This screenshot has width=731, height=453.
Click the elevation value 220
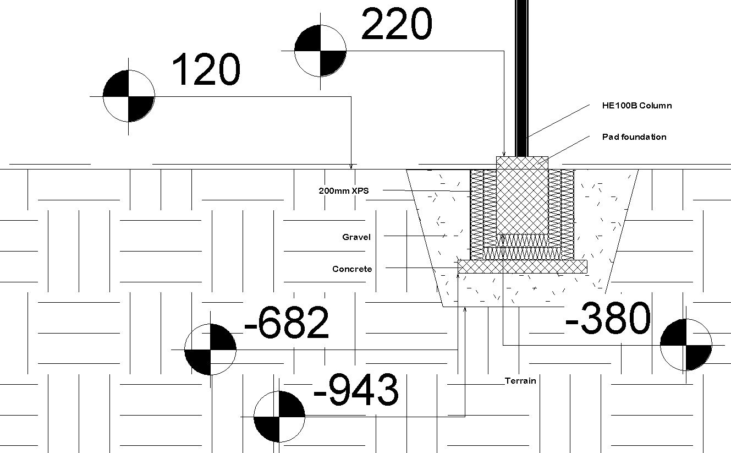coord(397,25)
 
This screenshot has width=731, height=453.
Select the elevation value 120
coord(206,70)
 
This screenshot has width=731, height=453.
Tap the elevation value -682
coord(286,323)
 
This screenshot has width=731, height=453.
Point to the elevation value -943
coord(356,390)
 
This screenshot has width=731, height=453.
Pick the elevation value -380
coord(608,319)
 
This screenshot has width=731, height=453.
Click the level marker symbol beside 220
coord(320,51)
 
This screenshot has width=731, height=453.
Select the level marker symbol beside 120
coord(129,96)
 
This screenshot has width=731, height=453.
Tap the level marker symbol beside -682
coord(210,350)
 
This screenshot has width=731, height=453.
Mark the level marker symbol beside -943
coord(279,417)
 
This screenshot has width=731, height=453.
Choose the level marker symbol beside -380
coord(686,345)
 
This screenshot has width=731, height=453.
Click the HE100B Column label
coord(637,106)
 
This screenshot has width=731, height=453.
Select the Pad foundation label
coord(634,137)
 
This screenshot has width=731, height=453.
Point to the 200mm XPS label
coord(344,191)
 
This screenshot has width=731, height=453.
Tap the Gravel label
coord(356,237)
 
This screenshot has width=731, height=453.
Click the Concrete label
coord(352,269)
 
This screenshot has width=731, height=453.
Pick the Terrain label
coord(520,380)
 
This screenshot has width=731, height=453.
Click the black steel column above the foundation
coord(521,77)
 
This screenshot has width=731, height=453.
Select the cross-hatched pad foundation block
coord(522,198)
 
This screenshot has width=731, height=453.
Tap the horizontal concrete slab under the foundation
coord(523,267)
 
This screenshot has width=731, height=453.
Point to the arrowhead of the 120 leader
coord(351,166)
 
